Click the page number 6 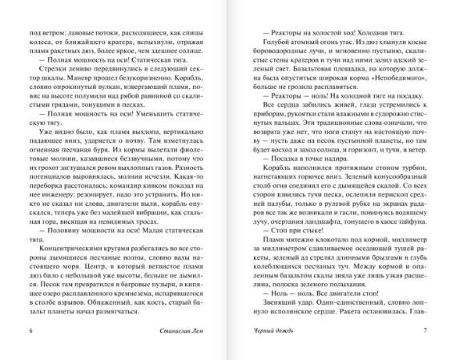(x=31, y=330)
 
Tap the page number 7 (x=425, y=330)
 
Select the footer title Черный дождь (x=265, y=330)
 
